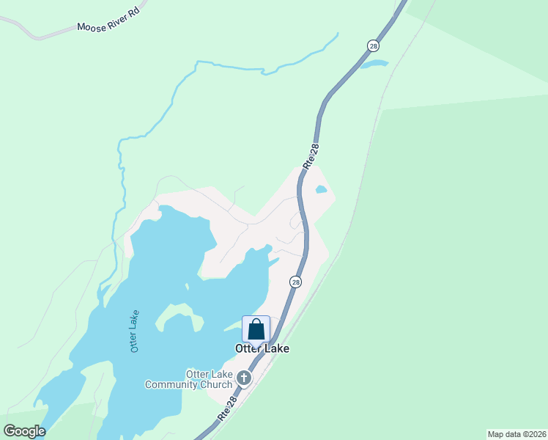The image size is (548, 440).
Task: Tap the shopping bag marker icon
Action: click(x=256, y=329)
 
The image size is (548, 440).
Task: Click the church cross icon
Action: click(x=243, y=378)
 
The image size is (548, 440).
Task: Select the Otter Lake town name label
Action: click(x=262, y=349)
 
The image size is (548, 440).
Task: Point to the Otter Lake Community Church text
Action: click(x=188, y=379)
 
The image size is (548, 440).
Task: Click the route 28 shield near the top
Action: click(x=373, y=45)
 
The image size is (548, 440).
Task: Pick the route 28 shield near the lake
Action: click(x=295, y=282)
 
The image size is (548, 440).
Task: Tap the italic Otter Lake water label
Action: click(x=136, y=331)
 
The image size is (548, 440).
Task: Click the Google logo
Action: click(x=24, y=430)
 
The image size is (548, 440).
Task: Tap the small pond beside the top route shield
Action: click(x=373, y=65)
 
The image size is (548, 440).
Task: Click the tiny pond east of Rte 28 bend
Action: click(x=321, y=190)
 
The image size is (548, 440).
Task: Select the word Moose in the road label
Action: click(x=89, y=26)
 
